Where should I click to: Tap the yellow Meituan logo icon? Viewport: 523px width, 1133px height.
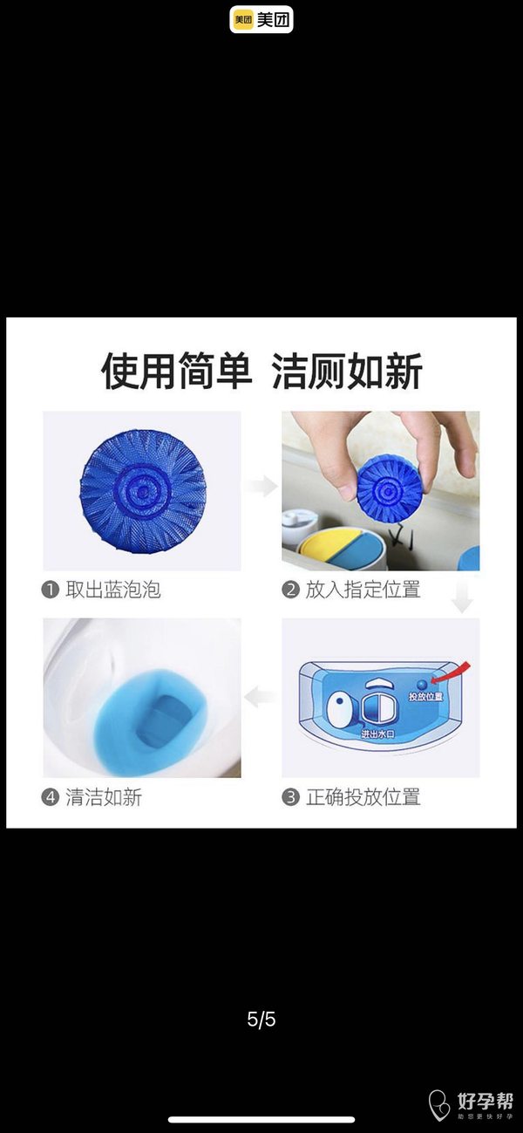pos(243,20)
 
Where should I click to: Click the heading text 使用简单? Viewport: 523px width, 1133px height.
pos(176,372)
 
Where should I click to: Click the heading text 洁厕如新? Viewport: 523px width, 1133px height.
pos(347,372)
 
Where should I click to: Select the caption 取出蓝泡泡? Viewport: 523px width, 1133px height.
pos(113,590)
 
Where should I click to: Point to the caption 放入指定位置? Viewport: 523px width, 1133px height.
pos(363,590)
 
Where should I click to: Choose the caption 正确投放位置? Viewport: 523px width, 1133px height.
pos(363,797)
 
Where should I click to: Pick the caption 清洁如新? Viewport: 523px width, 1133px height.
pos(104,797)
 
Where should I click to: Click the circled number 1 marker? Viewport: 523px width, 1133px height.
pos(50,590)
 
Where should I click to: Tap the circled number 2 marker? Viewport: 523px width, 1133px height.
pos(290,590)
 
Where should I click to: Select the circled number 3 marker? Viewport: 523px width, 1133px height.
pos(290,797)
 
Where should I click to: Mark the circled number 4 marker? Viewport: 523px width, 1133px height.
pos(50,797)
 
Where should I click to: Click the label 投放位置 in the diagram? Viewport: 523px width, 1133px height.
pos(425,697)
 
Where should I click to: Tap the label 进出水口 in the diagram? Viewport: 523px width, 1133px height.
pos(377,734)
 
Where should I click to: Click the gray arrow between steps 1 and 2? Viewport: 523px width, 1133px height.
pos(261,487)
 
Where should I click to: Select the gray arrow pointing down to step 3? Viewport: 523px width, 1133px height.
pos(462,597)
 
